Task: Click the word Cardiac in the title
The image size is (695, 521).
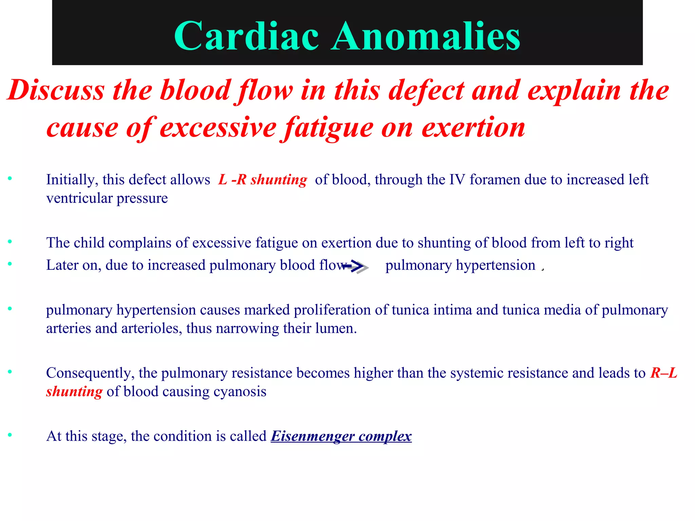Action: click(246, 36)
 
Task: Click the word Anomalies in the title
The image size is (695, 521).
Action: click(426, 36)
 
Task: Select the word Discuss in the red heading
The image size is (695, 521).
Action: click(56, 91)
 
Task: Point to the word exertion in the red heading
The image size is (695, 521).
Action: click(473, 128)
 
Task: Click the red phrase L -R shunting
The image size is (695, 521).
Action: click(263, 179)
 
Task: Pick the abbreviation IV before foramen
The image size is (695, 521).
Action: click(457, 179)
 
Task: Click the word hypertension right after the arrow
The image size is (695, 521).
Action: click(495, 265)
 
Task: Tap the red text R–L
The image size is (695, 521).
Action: click(663, 373)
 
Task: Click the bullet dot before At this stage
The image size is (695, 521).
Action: click(10, 435)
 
